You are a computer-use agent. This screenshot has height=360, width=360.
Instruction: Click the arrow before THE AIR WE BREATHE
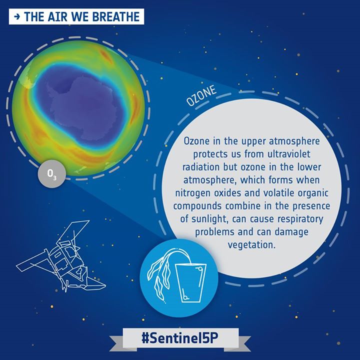tap(17, 17)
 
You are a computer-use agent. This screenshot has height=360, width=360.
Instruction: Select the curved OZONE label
tap(201, 96)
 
